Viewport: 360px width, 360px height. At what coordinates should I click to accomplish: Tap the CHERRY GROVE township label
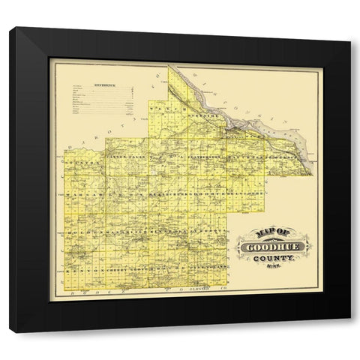[120, 268]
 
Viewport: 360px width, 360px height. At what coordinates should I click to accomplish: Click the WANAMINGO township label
[120, 233]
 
